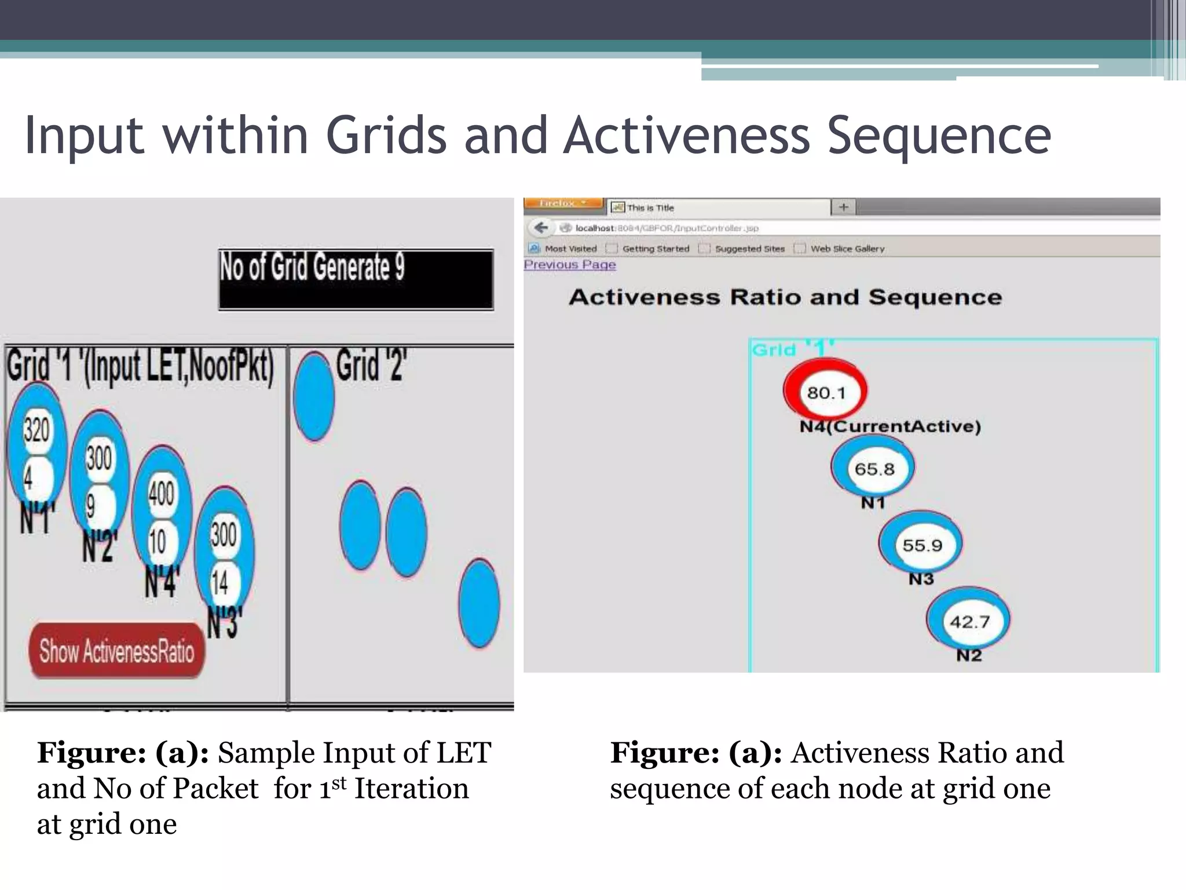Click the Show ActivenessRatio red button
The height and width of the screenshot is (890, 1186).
click(x=116, y=651)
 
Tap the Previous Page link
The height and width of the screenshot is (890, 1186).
click(x=570, y=265)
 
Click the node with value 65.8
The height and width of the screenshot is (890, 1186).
click(x=874, y=468)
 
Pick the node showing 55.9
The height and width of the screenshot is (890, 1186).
click(x=922, y=545)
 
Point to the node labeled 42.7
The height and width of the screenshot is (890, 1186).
click(x=969, y=621)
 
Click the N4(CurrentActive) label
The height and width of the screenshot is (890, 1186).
click(x=890, y=426)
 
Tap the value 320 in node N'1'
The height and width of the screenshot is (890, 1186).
click(x=36, y=430)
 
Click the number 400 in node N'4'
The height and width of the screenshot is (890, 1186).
click(x=161, y=494)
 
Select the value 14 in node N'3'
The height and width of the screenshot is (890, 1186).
click(x=220, y=582)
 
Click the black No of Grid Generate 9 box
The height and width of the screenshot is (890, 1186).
click(x=356, y=280)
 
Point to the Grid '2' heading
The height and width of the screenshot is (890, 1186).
click(x=371, y=366)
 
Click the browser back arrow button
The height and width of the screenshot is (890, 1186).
click(x=541, y=228)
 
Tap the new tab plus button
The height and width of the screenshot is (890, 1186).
click(x=843, y=207)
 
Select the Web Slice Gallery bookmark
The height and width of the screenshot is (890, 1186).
click(x=847, y=249)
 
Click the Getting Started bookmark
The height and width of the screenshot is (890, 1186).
click(x=656, y=249)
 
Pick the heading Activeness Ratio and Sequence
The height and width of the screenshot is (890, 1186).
click(x=785, y=297)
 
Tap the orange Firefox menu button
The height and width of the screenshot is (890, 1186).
click(x=563, y=203)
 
